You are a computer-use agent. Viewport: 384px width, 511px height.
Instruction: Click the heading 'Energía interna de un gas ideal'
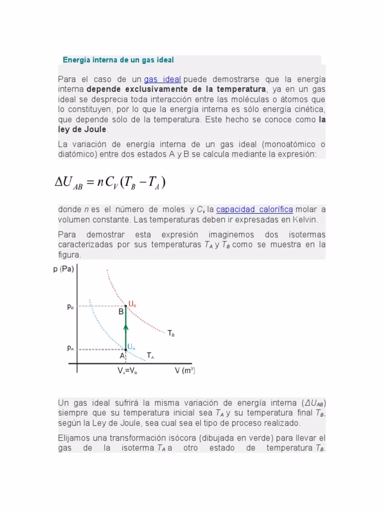118,60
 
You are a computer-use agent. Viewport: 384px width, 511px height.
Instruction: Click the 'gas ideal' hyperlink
162,80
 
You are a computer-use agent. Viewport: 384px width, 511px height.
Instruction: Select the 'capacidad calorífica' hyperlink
254,210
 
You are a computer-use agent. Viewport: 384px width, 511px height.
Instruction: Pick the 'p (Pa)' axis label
63,269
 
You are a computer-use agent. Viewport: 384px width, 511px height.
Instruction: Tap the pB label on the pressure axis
71,307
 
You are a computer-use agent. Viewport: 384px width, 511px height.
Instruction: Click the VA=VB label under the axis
128,371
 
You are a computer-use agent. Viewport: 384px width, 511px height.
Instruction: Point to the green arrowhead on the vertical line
126,327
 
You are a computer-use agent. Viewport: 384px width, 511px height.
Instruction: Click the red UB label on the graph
132,303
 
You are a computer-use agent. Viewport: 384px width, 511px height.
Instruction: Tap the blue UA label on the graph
131,346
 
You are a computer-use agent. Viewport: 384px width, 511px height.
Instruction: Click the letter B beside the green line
121,312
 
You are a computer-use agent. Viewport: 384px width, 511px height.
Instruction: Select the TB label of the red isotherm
171,333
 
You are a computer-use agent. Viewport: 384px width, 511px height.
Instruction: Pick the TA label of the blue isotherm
150,355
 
